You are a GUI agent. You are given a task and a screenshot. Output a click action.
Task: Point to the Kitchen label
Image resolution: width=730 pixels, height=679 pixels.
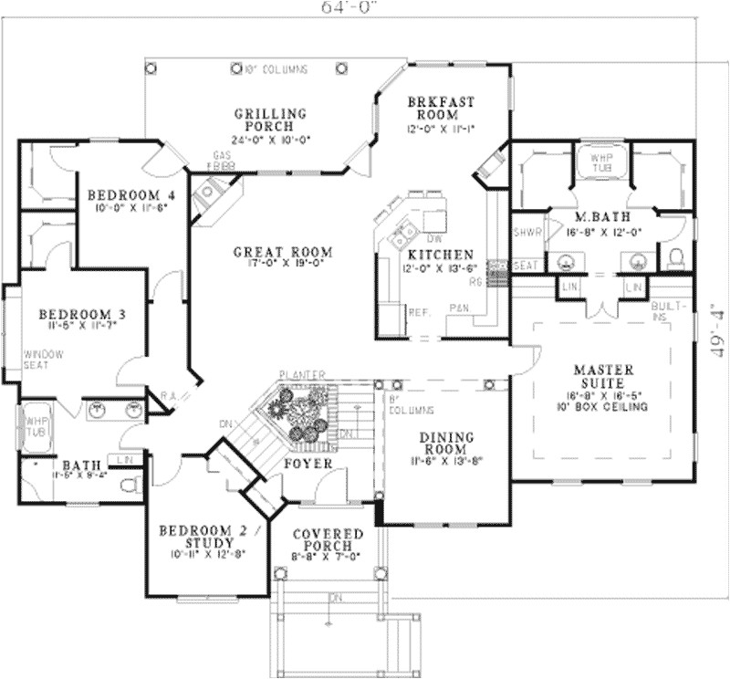pos(440,255)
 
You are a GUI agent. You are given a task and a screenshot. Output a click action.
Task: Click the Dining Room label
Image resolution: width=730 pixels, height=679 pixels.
pos(445,444)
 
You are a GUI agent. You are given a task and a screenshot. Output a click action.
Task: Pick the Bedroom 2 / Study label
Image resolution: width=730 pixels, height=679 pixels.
pos(209,536)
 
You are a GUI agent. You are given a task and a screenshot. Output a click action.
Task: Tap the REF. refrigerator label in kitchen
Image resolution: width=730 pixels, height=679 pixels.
pos(419,312)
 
